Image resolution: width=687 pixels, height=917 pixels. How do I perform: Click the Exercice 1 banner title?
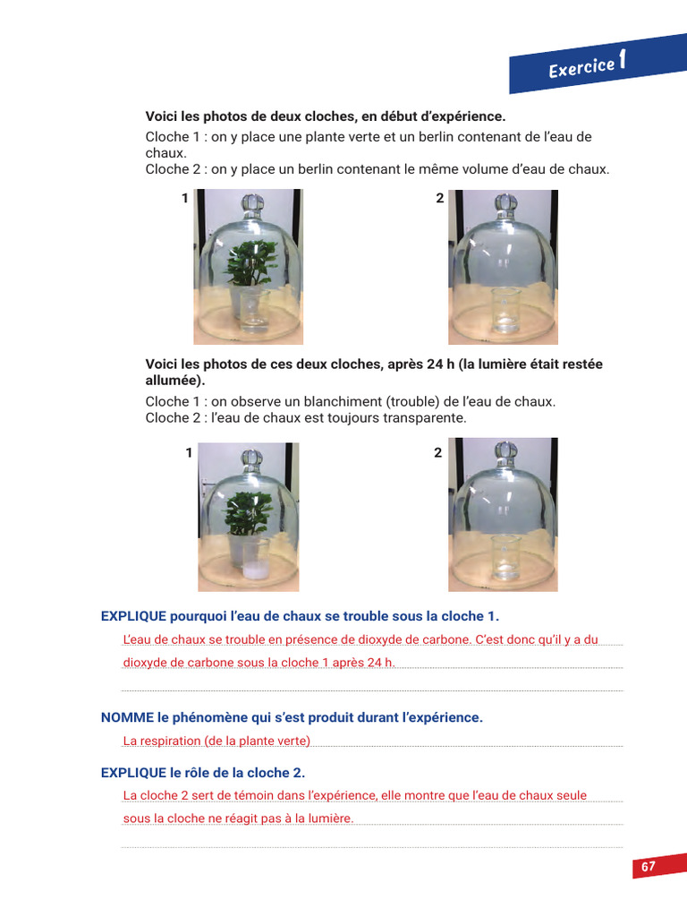pos(586,65)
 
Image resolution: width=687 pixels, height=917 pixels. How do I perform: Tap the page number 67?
pos(649,867)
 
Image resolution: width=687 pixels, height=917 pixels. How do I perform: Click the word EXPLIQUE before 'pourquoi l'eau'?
pos(133,616)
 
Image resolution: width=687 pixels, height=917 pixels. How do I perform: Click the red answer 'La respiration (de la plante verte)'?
pos(216,741)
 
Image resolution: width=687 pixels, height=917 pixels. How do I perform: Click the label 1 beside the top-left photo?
pos(185,199)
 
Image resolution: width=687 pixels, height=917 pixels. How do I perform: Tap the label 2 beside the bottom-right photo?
pos(438,453)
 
